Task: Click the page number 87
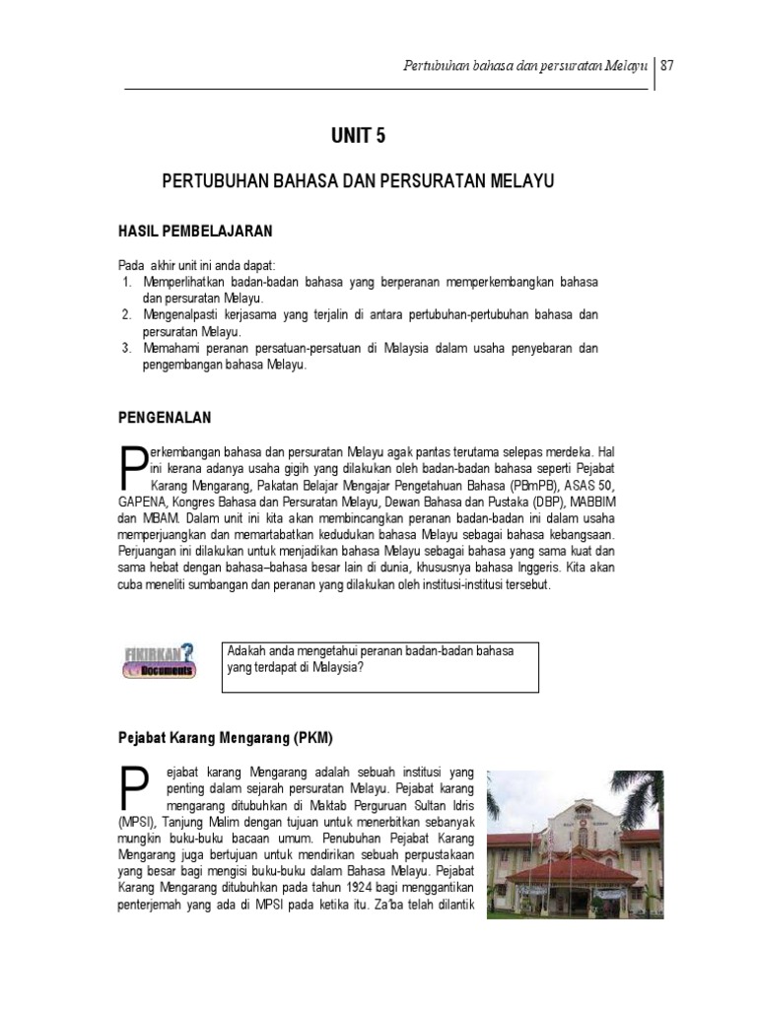tap(667, 66)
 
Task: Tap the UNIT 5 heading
tap(358, 137)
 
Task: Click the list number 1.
tap(127, 282)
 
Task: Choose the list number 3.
tap(127, 349)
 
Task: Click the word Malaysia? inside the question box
tap(336, 667)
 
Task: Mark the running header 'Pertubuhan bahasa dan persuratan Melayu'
tap(524, 66)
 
